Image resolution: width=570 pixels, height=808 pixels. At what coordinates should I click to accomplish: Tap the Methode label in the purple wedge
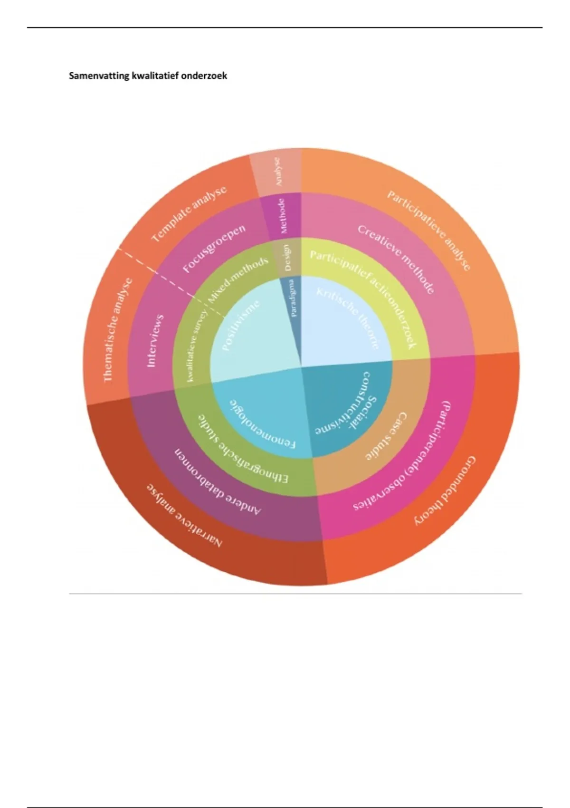click(x=284, y=216)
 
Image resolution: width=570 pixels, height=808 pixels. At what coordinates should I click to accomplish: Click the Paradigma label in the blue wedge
click(x=294, y=298)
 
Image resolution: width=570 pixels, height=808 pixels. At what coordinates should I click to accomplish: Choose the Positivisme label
click(x=242, y=325)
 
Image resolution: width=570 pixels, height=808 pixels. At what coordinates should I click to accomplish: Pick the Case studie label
click(x=387, y=436)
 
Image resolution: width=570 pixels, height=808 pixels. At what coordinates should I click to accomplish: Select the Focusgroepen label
click(x=214, y=248)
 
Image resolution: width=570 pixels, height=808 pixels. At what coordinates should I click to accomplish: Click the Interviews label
click(x=155, y=340)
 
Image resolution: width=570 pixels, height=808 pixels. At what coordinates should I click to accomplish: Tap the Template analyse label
click(x=189, y=214)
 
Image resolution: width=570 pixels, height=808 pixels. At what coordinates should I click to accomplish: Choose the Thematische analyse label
click(x=117, y=330)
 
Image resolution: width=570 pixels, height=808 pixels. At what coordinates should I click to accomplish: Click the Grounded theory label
click(x=445, y=491)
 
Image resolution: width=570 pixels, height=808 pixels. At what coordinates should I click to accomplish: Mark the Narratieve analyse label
click(x=183, y=516)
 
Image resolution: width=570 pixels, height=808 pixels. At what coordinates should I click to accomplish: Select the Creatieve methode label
click(x=396, y=259)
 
